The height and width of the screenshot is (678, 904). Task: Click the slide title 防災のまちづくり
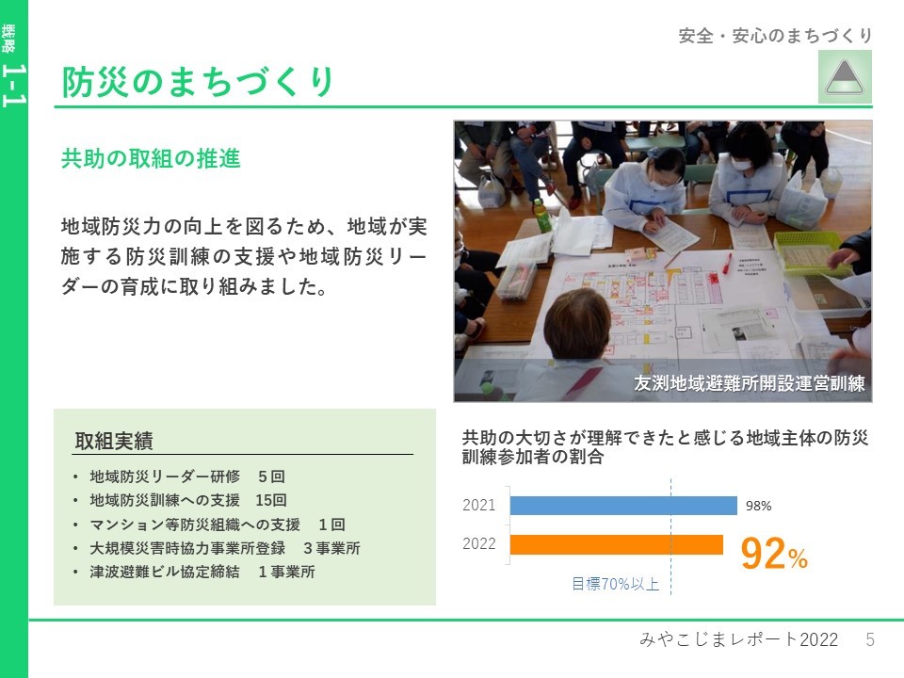pos(198,81)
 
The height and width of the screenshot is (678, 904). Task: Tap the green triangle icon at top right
pos(845,76)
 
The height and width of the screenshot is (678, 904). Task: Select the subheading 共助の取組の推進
pos(151,158)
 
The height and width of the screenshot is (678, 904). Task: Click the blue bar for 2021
pos(623,505)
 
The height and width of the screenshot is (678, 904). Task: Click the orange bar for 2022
pos(616,544)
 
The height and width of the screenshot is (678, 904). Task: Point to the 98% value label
pos(758,506)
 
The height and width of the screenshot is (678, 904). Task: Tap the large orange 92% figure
pos(774,553)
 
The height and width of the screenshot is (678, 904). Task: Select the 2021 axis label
pos(479,505)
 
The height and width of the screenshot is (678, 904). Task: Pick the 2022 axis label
pos(479,543)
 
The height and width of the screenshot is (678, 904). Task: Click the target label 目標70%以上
pos(615,584)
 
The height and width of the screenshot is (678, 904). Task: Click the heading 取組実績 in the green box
pos(114,441)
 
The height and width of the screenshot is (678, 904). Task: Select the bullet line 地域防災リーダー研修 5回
pos(187,476)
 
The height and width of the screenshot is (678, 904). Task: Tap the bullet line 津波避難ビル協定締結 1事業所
pos(202,572)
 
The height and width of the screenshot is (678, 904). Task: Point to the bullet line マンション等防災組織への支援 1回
pos(218,525)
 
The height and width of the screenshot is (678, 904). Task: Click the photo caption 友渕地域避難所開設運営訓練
pos(749,383)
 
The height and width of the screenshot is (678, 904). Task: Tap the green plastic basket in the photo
pos(813,252)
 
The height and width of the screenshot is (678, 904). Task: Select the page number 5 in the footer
pos(870,638)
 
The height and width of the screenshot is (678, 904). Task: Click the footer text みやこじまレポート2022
pos(738,638)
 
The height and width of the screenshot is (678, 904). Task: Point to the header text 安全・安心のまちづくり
pos(775,36)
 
